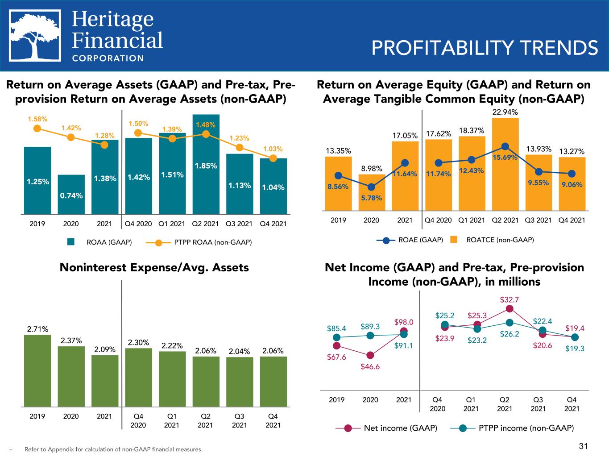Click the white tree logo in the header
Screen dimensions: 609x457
(35, 36)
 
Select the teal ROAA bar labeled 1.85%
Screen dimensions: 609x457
(206, 164)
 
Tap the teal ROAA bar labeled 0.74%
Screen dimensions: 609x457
(71, 195)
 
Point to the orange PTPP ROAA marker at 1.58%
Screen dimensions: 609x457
(37, 129)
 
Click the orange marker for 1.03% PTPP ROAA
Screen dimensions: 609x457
(273, 158)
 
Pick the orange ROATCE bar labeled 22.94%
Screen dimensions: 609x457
(505, 164)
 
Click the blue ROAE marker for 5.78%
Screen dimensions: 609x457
(371, 187)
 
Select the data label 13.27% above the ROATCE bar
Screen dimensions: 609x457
(572, 151)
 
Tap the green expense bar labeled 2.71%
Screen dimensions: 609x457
(37, 371)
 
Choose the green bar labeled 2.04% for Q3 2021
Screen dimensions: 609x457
(240, 382)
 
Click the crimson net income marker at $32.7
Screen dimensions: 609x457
(510, 309)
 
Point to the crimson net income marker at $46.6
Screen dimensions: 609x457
(370, 355)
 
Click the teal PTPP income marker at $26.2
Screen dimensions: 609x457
(510, 323)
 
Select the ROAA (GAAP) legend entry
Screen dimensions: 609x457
(99, 242)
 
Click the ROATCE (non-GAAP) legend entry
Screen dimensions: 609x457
(492, 240)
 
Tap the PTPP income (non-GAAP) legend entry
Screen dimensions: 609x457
(512, 428)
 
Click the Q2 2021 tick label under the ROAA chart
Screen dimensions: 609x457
(205, 224)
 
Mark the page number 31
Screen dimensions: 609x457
(583, 446)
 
